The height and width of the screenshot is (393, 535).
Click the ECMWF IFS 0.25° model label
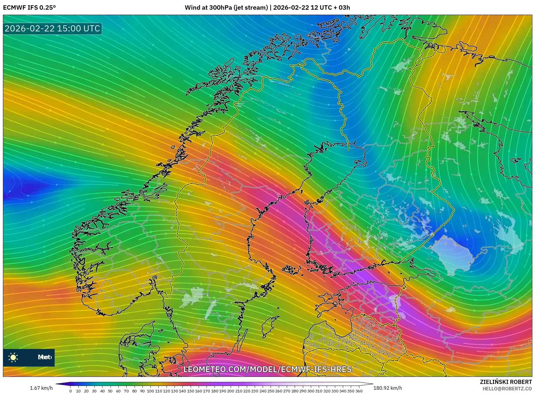pyautogui.click(x=29, y=8)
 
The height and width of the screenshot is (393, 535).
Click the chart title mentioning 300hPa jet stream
pyautogui.click(x=267, y=8)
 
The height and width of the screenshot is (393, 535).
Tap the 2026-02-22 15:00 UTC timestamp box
pyautogui.click(x=52, y=28)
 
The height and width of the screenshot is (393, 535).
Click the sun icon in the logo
pyautogui.click(x=13, y=357)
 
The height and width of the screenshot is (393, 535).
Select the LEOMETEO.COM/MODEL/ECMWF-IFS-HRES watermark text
pyautogui.click(x=267, y=369)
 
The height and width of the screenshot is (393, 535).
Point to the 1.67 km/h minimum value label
pyautogui.click(x=41, y=388)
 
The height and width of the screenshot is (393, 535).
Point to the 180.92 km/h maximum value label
pyautogui.click(x=387, y=388)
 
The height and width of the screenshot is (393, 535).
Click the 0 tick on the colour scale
pyautogui.click(x=71, y=391)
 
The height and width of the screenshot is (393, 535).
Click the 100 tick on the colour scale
pyautogui.click(x=150, y=391)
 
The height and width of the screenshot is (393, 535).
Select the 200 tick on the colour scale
pyautogui.click(x=231, y=391)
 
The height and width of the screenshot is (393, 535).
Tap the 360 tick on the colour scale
pyautogui.click(x=359, y=391)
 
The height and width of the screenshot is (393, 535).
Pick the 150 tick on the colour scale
pyautogui.click(x=190, y=391)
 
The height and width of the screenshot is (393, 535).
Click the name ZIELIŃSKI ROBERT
pyautogui.click(x=506, y=382)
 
